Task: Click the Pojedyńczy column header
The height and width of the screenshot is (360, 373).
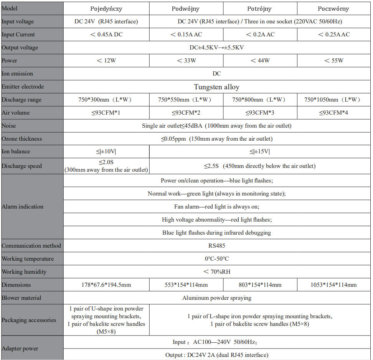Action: coord(106,9)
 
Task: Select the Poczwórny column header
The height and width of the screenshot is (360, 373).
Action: coord(334,9)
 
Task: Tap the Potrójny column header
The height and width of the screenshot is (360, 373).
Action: coord(260,9)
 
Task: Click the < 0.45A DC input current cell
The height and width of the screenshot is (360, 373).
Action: coord(106,35)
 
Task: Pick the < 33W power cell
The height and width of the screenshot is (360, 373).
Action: coord(186,61)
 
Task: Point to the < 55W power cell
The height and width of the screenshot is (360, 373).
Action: coord(333,61)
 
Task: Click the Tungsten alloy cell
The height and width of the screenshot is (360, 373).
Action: coord(216,87)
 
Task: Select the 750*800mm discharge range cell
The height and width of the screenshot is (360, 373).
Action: coord(260,100)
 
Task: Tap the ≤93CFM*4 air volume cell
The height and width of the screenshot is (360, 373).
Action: coord(333,113)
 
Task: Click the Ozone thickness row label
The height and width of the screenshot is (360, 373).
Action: coord(22,139)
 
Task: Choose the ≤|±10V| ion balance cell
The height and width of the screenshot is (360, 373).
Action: coord(106,151)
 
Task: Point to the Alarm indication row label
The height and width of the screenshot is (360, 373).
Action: coord(23,207)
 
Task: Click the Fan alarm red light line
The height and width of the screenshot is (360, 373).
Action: coord(216,207)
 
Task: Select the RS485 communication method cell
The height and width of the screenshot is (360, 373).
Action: coord(216,246)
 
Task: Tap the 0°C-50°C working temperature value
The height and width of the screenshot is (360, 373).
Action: coord(216,259)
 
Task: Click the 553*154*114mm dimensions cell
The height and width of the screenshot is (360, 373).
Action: coord(186,285)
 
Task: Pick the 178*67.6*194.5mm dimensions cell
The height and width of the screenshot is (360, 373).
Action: coord(106,285)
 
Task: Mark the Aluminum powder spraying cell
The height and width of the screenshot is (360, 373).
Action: coord(216,298)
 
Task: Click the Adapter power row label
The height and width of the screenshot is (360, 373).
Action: coord(20,348)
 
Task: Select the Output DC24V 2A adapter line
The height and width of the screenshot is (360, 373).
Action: coord(216,355)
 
